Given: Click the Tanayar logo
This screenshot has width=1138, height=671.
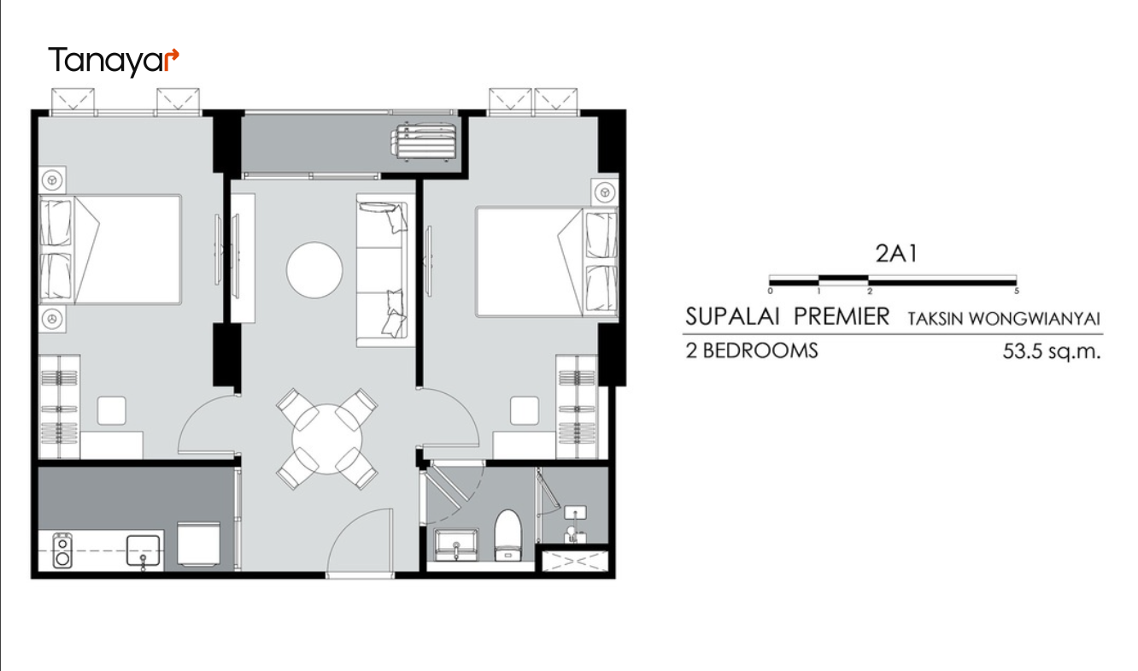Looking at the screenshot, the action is (x=114, y=61).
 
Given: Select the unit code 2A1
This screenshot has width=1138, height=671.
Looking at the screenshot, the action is (x=897, y=254).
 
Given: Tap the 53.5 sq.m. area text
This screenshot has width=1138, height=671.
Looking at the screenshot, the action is (x=1051, y=351).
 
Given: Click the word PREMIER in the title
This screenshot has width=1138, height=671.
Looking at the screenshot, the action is (x=842, y=316).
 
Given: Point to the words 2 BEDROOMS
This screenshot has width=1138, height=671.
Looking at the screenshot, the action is (x=752, y=350).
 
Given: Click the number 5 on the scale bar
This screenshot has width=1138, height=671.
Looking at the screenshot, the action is (x=1017, y=291).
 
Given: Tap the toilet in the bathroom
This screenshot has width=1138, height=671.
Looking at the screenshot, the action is (x=508, y=535).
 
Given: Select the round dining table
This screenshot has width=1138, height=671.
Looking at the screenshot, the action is (x=327, y=439).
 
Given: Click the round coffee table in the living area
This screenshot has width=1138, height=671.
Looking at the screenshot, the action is (x=314, y=270).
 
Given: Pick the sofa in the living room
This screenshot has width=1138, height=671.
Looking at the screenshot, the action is (x=385, y=270).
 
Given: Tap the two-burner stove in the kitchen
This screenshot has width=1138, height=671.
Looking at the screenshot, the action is (x=62, y=550).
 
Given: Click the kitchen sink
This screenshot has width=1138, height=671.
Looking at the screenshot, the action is (x=144, y=551).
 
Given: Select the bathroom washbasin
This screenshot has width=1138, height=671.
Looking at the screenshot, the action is (x=455, y=545).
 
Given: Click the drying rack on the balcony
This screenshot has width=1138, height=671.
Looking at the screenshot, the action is (x=424, y=141).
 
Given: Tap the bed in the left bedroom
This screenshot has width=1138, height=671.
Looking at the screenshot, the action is (x=110, y=250).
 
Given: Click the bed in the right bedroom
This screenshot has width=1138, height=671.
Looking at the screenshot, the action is (x=547, y=262).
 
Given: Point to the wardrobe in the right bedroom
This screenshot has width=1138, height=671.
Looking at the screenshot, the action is (x=577, y=407).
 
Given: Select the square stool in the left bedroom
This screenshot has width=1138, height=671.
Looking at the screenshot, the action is (x=111, y=411).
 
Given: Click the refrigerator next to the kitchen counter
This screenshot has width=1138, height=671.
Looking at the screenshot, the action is (x=199, y=544).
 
